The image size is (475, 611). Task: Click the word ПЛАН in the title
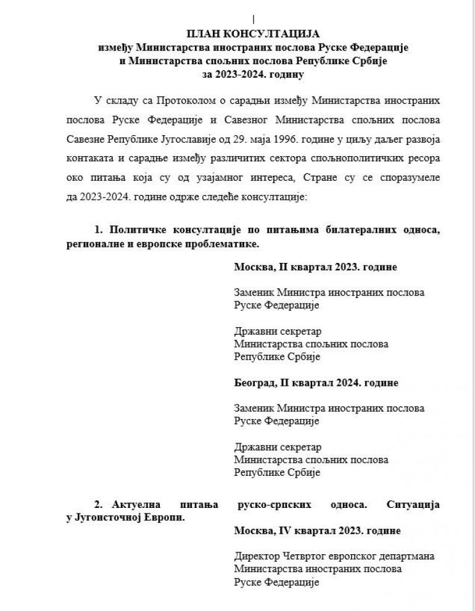202,33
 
